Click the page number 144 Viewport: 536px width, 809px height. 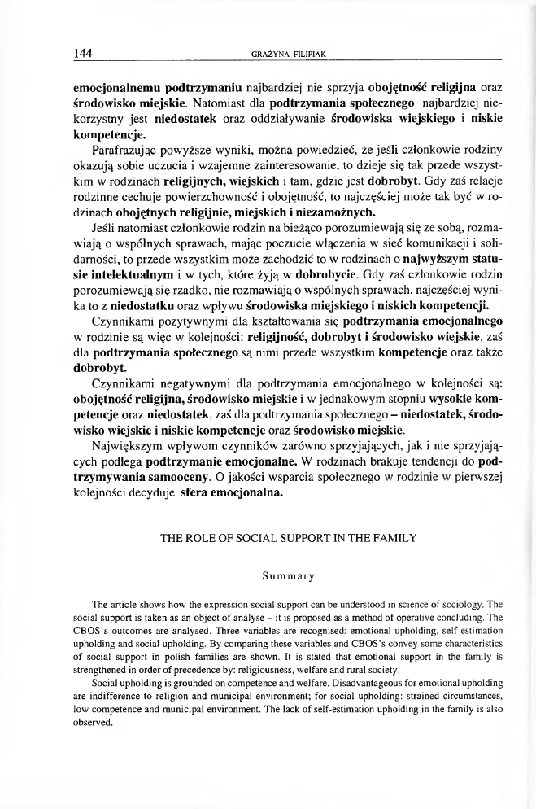pyautogui.click(x=82, y=54)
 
